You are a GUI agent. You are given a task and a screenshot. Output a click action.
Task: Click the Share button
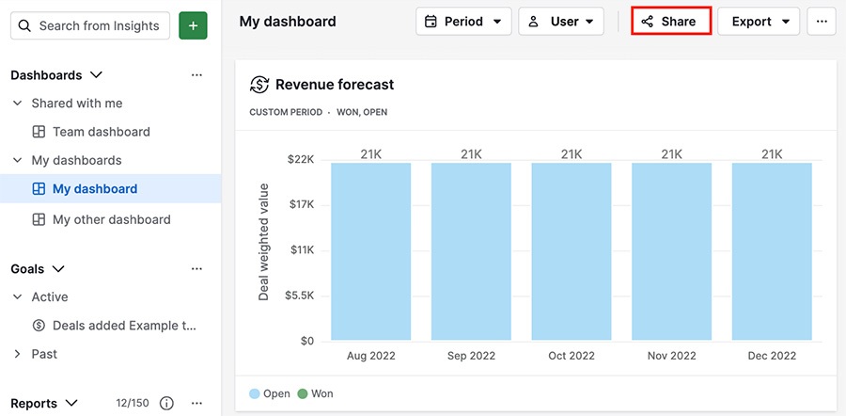(670, 21)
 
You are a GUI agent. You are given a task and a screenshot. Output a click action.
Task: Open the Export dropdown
(759, 21)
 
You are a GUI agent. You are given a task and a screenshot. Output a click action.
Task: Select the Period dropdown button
(463, 21)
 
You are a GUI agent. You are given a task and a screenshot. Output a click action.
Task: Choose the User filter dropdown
(561, 21)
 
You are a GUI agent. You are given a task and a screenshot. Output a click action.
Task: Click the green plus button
(193, 25)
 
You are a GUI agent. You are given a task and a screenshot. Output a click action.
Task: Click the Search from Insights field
(90, 25)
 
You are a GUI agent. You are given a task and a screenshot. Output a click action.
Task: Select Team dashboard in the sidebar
(101, 132)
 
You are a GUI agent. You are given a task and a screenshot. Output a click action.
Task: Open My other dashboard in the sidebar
(111, 219)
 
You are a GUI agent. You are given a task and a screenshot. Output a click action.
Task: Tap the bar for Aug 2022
(370, 251)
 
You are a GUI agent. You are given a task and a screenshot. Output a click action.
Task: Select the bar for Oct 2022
(572, 251)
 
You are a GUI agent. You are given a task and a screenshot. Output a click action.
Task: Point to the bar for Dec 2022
(772, 251)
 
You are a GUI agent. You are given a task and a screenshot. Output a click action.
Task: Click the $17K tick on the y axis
(301, 204)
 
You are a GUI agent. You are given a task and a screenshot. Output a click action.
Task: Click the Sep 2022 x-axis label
(471, 356)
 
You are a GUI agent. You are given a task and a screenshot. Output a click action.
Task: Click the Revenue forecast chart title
(334, 85)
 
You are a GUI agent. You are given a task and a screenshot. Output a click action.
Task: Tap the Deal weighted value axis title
(264, 242)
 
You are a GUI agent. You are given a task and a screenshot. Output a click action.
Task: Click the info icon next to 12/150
(166, 403)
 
